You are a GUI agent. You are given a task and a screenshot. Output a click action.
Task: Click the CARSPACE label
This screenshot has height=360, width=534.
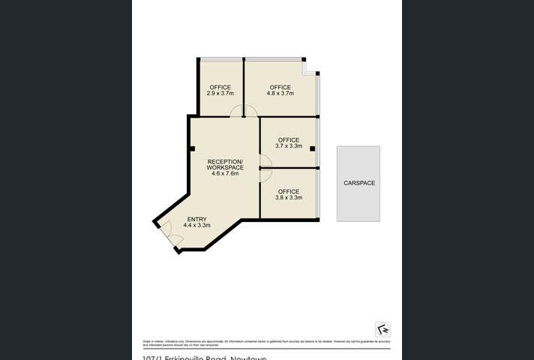[x=358, y=183]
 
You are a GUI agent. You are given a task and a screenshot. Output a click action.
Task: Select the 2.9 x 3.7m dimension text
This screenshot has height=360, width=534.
[x=220, y=94]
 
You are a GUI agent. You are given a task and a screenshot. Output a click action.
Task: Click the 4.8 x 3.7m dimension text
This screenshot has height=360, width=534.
[x=281, y=94]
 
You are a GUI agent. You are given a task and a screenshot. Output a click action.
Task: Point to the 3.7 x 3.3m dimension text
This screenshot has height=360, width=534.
[x=289, y=146]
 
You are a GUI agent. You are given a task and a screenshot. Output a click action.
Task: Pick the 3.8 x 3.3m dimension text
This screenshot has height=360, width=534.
[x=289, y=198]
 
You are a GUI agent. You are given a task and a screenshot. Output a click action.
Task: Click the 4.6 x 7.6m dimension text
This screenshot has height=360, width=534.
[x=225, y=173]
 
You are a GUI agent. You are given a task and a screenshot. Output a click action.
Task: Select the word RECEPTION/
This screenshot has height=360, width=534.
[x=225, y=161]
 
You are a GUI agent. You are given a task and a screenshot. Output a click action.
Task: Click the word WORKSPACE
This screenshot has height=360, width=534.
[x=225, y=167]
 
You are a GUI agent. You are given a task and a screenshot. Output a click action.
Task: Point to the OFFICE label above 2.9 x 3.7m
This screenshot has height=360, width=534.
[x=220, y=87]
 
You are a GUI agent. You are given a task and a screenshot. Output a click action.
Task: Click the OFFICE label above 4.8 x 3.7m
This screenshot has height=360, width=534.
[x=281, y=87]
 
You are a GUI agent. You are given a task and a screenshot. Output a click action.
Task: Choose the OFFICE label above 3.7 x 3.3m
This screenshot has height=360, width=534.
[x=289, y=140]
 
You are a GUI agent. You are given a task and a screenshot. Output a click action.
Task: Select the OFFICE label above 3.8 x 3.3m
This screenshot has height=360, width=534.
[x=289, y=192]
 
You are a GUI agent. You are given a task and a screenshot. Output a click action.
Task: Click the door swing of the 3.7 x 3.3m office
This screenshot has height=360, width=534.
[x=265, y=160]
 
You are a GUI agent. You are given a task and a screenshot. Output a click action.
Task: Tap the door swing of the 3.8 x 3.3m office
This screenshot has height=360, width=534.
[x=265, y=174]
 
